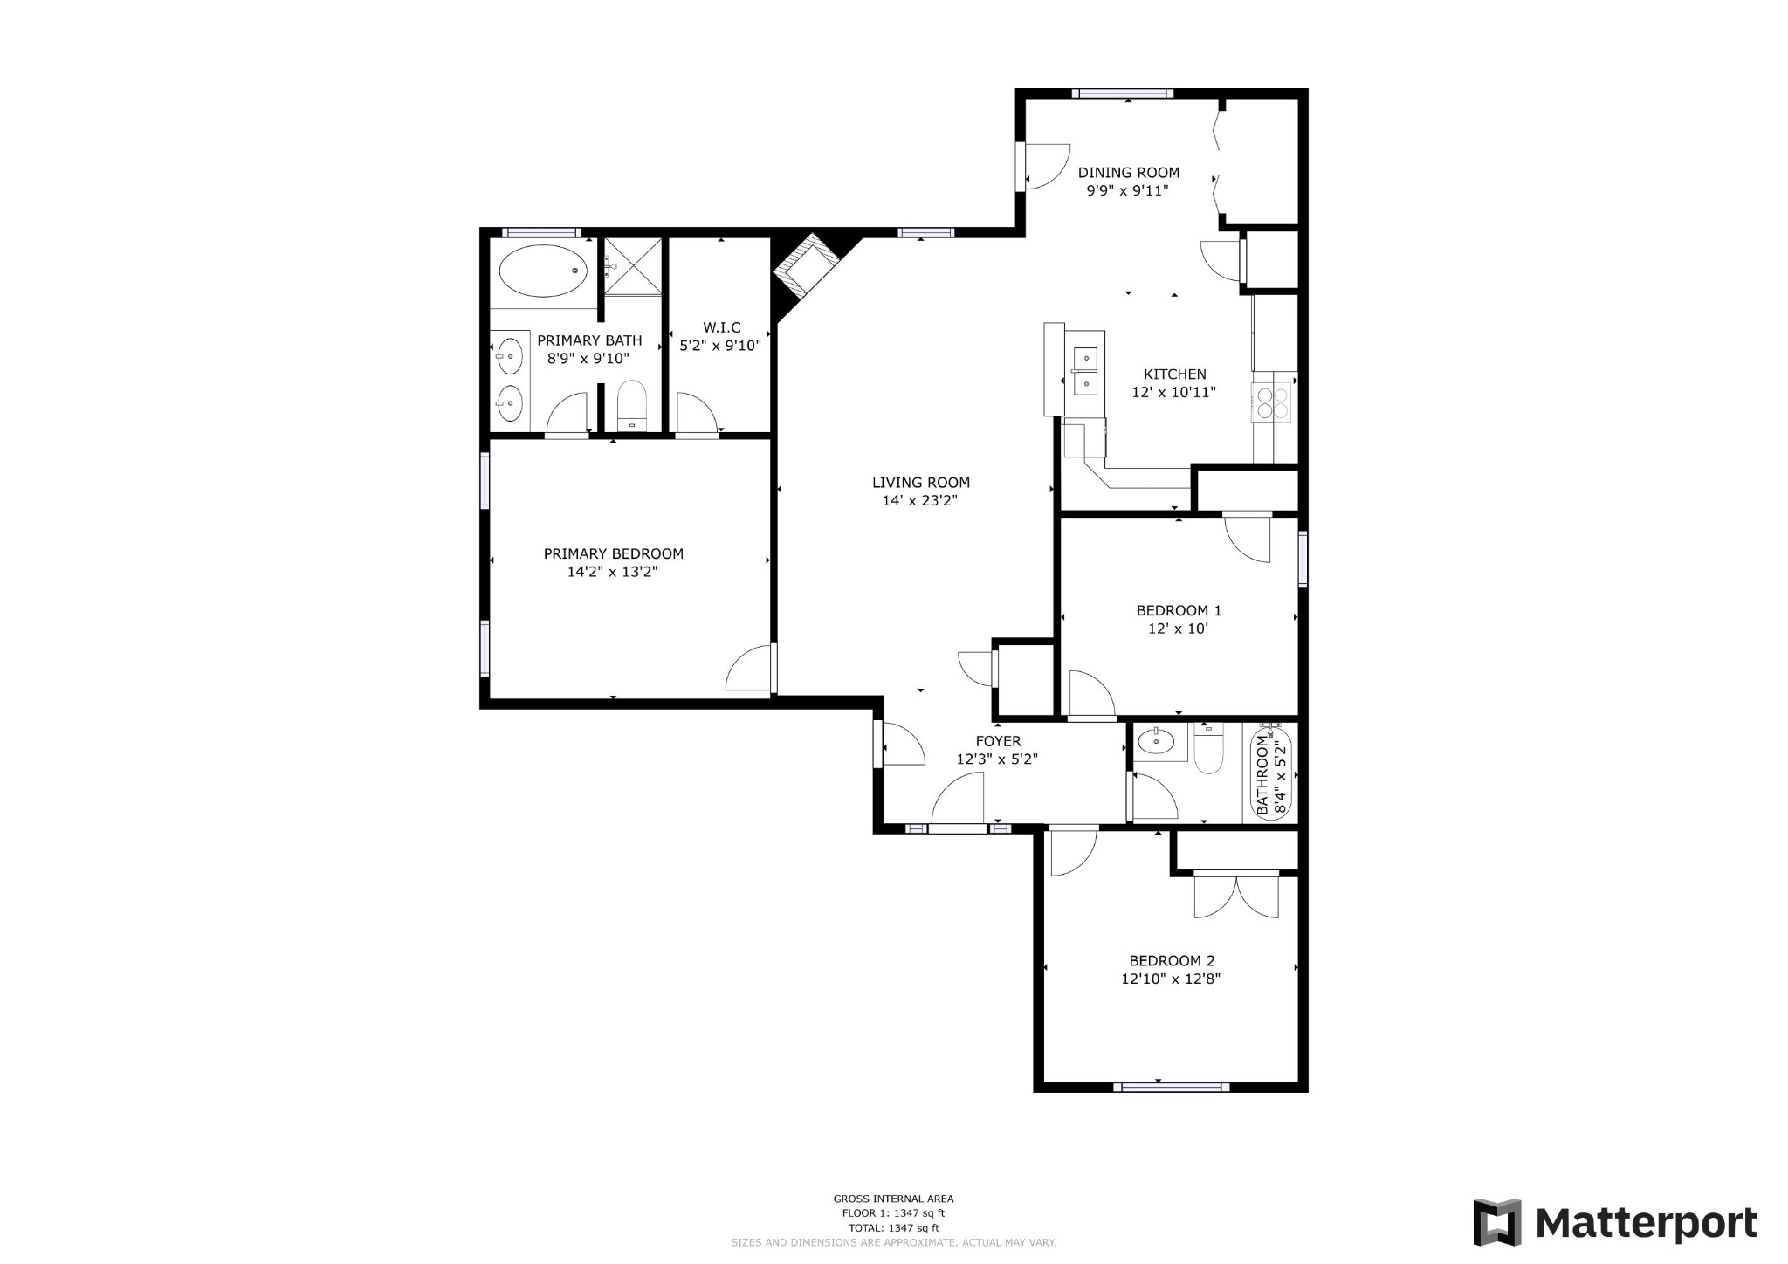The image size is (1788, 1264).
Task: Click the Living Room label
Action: [920, 482]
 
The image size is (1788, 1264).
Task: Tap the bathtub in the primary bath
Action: [542, 271]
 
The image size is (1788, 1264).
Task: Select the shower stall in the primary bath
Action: [633, 265]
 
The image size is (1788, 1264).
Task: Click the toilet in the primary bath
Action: [630, 405]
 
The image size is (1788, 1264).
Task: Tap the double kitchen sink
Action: [1085, 370]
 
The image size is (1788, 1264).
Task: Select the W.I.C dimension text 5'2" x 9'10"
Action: [720, 346]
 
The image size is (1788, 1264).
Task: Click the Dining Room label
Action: [1128, 173]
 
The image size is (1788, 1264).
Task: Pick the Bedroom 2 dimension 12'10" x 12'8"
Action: [1170, 979]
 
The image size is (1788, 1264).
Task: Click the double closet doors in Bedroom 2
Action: [1235, 896]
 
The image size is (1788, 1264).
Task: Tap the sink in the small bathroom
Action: [1157, 742]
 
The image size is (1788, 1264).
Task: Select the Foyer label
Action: [998, 741]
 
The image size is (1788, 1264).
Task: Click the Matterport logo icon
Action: [1496, 1222]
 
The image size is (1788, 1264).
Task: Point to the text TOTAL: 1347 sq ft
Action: [893, 1227]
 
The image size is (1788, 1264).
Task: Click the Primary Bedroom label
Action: [613, 553]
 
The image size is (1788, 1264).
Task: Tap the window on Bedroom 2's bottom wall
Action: [1171, 1087]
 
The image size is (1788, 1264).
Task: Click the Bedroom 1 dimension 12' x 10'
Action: [1178, 629]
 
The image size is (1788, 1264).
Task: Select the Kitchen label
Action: [1174, 374]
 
